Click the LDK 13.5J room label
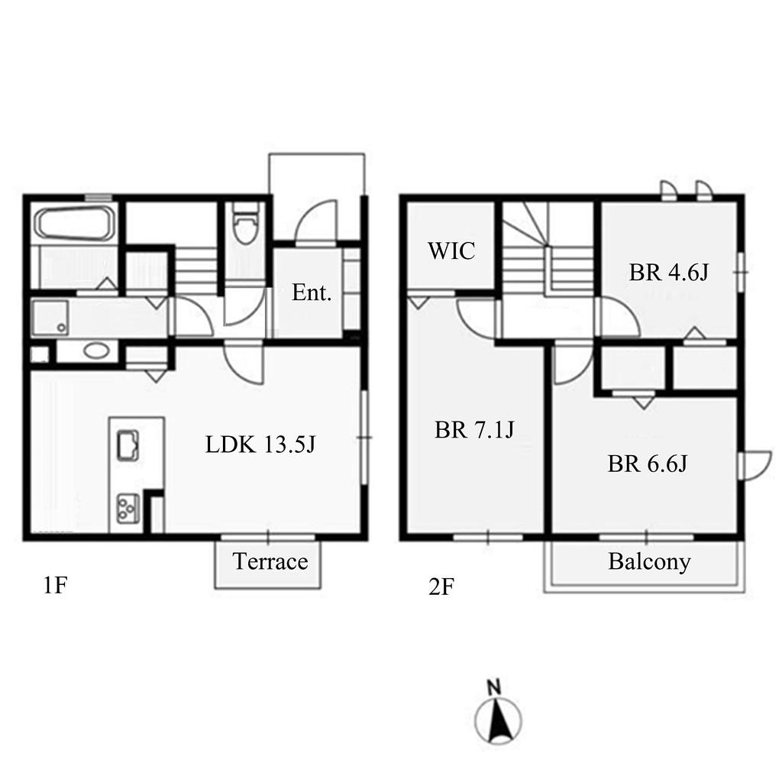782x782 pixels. pos(260,444)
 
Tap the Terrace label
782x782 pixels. pos(270,561)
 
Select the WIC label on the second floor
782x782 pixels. pos(451,250)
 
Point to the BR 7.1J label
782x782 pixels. pos(473,429)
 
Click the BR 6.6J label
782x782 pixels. pos(647,464)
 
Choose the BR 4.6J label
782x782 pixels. pos(668,273)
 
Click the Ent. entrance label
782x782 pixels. pos(312,292)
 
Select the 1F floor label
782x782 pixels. pos(55,585)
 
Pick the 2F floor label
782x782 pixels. pos(441,587)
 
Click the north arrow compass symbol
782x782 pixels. pos(498,721)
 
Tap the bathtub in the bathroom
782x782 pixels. pos(76,224)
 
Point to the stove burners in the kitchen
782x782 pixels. pos(128,508)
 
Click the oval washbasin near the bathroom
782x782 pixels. pos(95,350)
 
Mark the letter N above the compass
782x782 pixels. pos(494,688)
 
